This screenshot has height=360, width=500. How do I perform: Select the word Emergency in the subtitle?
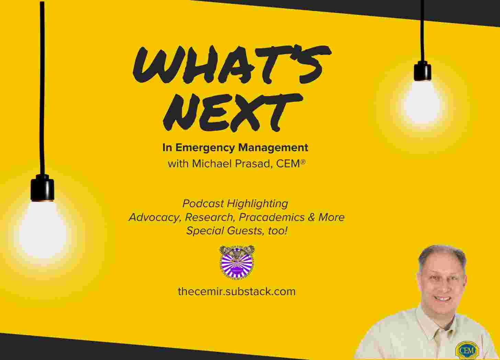[x=205, y=148]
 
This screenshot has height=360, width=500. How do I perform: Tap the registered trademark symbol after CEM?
[x=303, y=161]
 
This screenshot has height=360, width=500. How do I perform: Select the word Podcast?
[x=203, y=204]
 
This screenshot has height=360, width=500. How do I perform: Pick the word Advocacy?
[x=155, y=217]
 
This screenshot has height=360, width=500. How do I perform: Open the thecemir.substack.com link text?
[x=237, y=292]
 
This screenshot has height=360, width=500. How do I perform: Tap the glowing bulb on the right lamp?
[x=422, y=100]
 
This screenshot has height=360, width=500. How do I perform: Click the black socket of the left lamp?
[x=43, y=188]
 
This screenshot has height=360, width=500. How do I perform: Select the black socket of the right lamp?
[x=422, y=71]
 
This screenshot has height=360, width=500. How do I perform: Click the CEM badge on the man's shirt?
[x=467, y=350]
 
